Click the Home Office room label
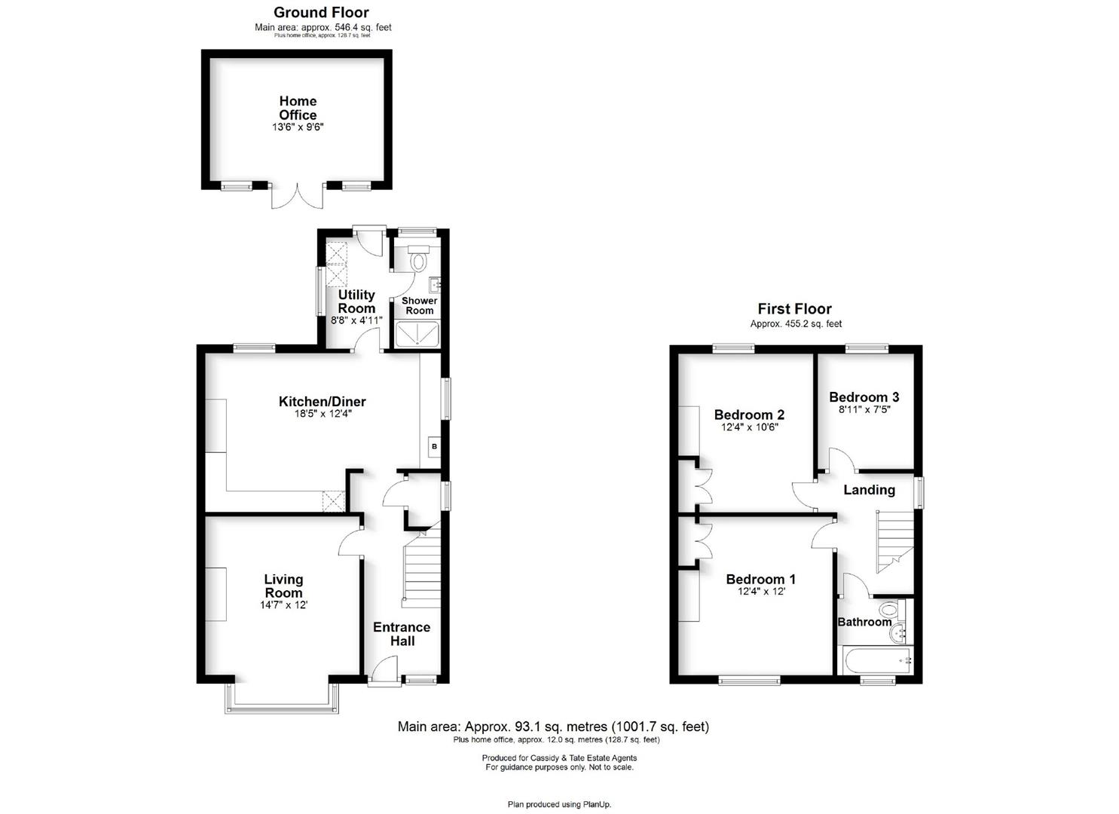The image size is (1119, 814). (298, 108)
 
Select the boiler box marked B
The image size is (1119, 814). (434, 446)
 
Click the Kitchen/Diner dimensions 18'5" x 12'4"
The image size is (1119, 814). (323, 414)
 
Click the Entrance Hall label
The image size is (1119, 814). (402, 634)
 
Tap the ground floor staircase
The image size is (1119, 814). (422, 566)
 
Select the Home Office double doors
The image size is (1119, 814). (297, 196)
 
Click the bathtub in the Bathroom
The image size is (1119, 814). (878, 660)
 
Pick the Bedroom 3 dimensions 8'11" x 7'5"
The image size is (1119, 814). (864, 410)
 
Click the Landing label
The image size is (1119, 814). (870, 490)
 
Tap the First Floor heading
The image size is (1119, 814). (795, 309)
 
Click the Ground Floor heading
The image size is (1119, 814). (321, 13)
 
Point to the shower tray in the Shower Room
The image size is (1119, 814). (417, 335)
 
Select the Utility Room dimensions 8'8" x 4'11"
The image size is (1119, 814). (356, 320)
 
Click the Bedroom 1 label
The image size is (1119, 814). (761, 579)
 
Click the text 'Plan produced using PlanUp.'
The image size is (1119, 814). (559, 804)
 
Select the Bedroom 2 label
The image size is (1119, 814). (749, 415)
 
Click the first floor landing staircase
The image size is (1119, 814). (895, 542)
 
